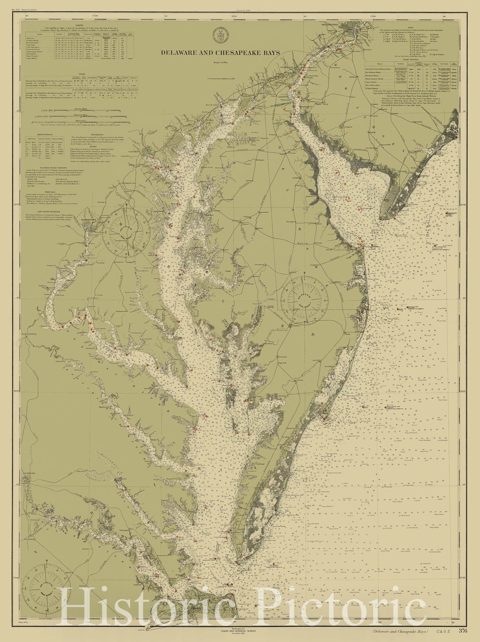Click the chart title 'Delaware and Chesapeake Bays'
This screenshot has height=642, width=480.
pyautogui.click(x=220, y=53)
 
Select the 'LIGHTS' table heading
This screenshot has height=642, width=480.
pyautogui.click(x=80, y=25)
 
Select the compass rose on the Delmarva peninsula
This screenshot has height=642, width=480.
pyautogui.click(x=304, y=300)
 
